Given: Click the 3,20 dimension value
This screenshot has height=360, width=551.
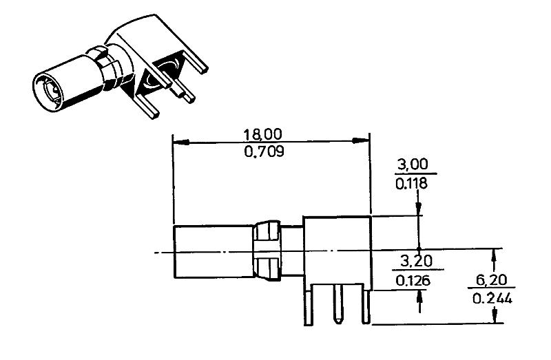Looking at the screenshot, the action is [x=413, y=262].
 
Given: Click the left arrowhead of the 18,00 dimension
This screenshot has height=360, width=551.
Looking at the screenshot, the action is [x=178, y=142].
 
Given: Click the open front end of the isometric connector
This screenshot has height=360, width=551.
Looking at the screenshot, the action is [x=49, y=91].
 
